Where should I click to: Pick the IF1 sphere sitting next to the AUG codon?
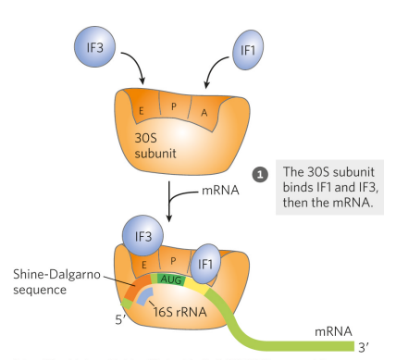coord(207,263)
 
